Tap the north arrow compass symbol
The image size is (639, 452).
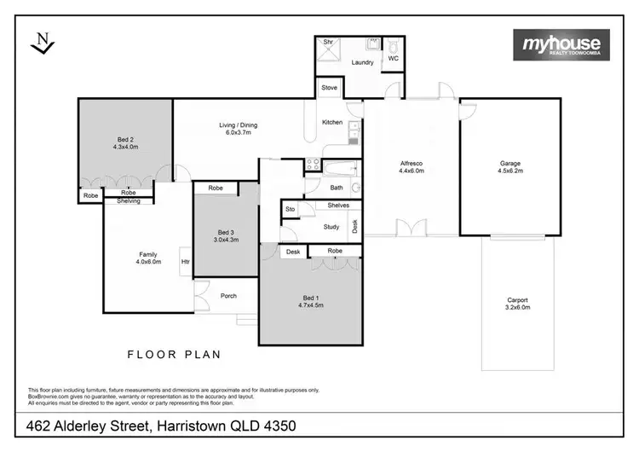[x=39, y=43]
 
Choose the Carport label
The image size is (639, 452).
[x=517, y=300]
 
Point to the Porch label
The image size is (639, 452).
[x=228, y=296]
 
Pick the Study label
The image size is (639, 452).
[x=331, y=227]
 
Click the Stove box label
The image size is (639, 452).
[x=329, y=87]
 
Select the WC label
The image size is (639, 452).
[x=393, y=59]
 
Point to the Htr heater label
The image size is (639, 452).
[x=184, y=262]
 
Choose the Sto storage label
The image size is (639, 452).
[x=290, y=208]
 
